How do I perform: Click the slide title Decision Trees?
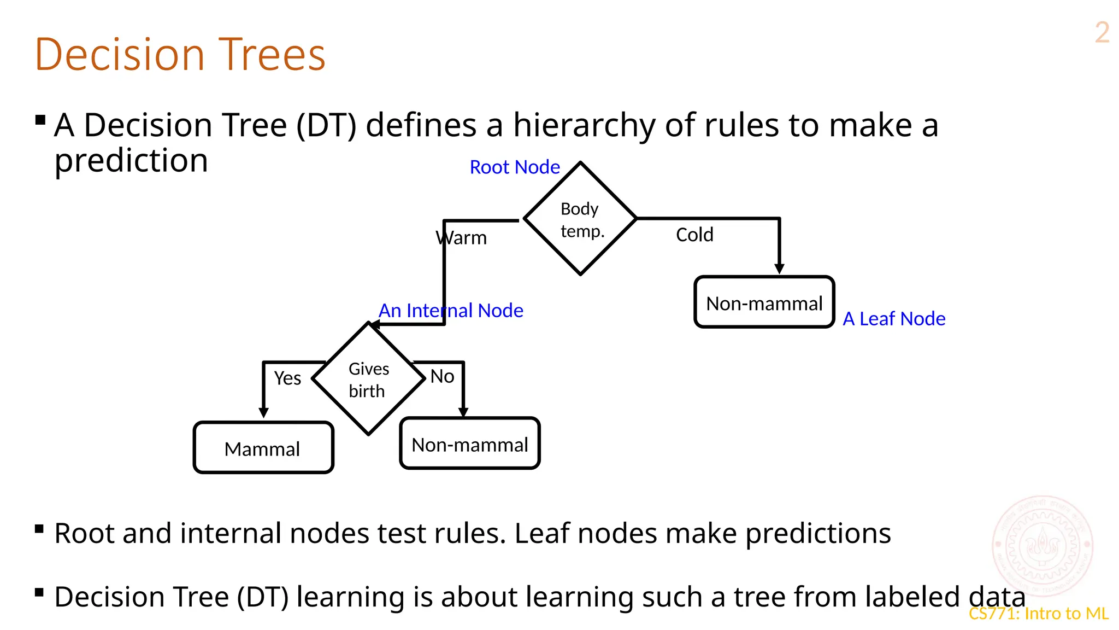pyautogui.click(x=180, y=55)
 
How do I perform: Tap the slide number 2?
pyautogui.click(x=1102, y=33)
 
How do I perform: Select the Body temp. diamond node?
pyautogui.click(x=580, y=219)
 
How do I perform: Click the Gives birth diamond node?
pyautogui.click(x=368, y=379)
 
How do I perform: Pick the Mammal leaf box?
pyautogui.click(x=263, y=448)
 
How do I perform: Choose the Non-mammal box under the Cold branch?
pyautogui.click(x=764, y=302)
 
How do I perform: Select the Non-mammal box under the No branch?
pyautogui.click(x=469, y=444)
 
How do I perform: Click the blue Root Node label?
pyautogui.click(x=515, y=167)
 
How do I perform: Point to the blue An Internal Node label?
pyautogui.click(x=451, y=310)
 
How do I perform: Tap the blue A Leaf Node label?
pyautogui.click(x=894, y=318)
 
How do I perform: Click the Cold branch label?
pyautogui.click(x=694, y=235)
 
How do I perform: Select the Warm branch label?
pyautogui.click(x=461, y=238)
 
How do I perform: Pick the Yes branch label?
pyautogui.click(x=287, y=378)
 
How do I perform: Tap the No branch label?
pyautogui.click(x=442, y=376)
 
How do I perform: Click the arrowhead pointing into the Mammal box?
pyautogui.click(x=263, y=412)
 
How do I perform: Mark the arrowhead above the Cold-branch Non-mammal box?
pyautogui.click(x=779, y=268)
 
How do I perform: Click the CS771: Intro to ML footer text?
pyautogui.click(x=1038, y=614)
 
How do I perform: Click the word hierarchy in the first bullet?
pyautogui.click(x=584, y=125)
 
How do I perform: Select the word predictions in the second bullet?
pyautogui.click(x=818, y=533)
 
